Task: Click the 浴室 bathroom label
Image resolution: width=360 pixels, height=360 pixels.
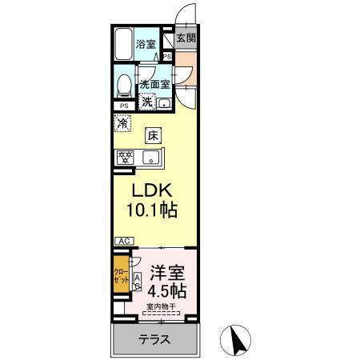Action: pos(146,44)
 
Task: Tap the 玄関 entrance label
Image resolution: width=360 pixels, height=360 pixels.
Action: pos(186,38)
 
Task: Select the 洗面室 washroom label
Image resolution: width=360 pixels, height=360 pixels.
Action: pos(154,84)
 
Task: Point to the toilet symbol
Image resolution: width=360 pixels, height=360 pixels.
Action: pos(124,85)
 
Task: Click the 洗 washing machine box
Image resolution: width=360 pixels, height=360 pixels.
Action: pos(148,102)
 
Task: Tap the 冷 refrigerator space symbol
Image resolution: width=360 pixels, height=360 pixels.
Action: pos(122,124)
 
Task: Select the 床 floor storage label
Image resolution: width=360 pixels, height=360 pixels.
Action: pos(153,135)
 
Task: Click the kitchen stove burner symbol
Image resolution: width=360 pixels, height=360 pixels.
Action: pos(126,158)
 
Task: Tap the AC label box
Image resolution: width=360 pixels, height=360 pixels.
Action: pos(123,240)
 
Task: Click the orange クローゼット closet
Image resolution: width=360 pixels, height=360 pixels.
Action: pos(119,276)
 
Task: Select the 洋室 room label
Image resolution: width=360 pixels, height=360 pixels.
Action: pos(166,270)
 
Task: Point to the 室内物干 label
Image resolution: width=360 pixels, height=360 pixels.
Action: pos(162,308)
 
